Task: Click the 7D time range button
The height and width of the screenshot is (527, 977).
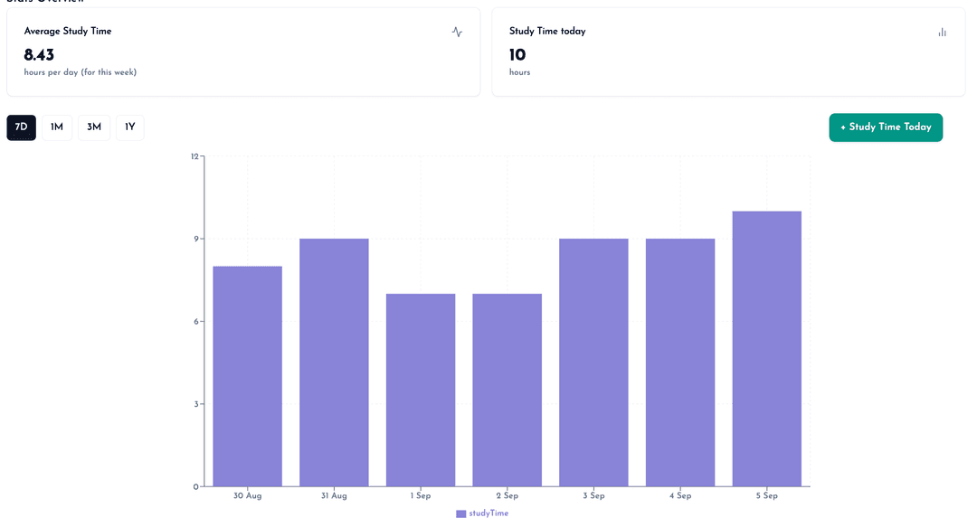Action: tap(22, 127)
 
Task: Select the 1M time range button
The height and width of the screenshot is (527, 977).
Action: tap(57, 127)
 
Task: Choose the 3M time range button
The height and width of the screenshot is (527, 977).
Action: tap(94, 127)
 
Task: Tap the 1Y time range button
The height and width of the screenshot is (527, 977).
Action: tap(130, 127)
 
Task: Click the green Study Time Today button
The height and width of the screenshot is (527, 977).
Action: tap(886, 127)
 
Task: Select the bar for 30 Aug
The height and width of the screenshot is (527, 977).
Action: tap(248, 376)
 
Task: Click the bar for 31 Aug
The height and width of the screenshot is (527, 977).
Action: tap(334, 362)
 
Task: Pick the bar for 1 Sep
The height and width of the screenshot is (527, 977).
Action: tap(421, 390)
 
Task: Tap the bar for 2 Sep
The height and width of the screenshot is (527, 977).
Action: tap(507, 390)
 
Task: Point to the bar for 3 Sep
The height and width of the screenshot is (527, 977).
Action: tap(593, 362)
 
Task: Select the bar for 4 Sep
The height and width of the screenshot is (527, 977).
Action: tap(680, 362)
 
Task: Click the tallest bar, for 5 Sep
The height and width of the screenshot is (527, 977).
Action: tap(767, 349)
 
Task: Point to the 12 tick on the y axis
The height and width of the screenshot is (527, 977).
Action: tap(194, 156)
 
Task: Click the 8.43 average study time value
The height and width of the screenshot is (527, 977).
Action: tap(39, 55)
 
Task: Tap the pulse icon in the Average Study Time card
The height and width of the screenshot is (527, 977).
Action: tap(457, 32)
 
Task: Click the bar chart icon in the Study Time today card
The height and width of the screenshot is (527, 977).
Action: tap(942, 32)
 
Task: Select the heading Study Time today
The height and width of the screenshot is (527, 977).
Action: tap(547, 32)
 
